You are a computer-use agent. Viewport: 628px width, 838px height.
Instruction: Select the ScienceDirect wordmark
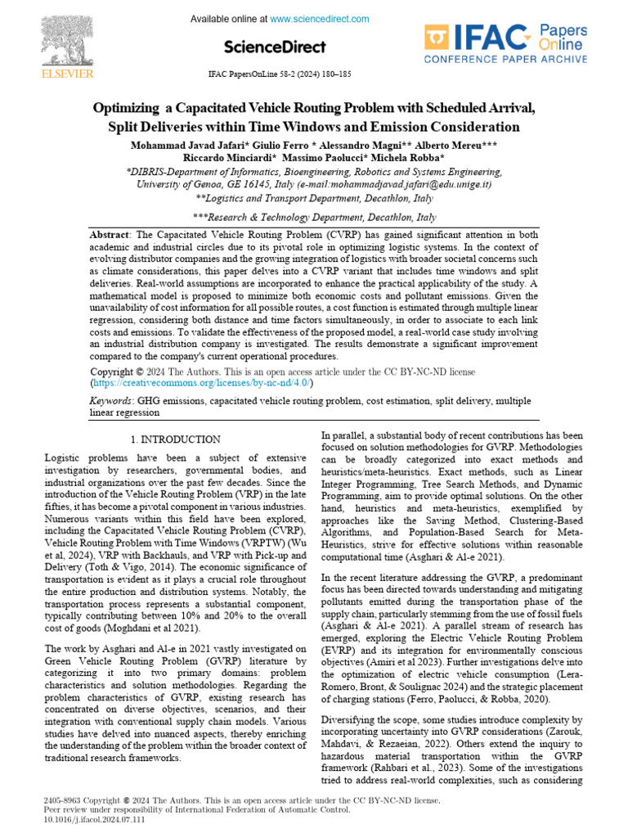[274, 47]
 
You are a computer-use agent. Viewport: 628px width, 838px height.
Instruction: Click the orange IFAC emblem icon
[437, 38]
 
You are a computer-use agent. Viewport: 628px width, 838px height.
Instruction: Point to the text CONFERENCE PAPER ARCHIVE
[505, 60]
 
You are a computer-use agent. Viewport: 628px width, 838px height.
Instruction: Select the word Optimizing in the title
[127, 109]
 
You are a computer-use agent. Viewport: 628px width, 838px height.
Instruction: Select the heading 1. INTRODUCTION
[177, 439]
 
